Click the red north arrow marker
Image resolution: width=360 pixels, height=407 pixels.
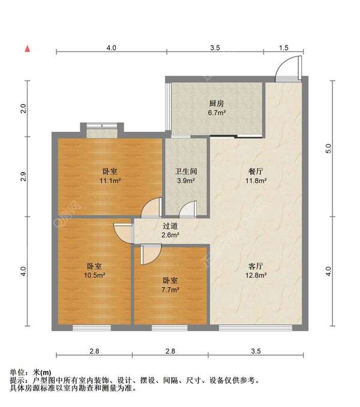coord(27,49)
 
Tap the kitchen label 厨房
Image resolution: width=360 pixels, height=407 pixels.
coord(217,104)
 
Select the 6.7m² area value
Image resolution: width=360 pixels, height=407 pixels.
coord(217,113)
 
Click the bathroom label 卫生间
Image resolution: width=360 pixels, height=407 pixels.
coord(186,171)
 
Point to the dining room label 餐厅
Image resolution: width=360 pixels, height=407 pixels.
coord(256,171)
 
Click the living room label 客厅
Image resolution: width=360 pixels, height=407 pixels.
coord(256,266)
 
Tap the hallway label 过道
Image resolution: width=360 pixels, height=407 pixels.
coord(170,226)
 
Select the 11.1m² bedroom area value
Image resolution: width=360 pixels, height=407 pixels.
coord(110,180)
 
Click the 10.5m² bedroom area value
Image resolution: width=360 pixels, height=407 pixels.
coord(94,275)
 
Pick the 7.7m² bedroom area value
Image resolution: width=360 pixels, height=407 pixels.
coord(170,290)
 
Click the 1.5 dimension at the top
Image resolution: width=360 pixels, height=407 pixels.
coord(284,47)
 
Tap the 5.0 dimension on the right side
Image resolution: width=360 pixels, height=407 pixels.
coord(328,149)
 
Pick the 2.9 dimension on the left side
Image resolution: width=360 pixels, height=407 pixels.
coord(23,176)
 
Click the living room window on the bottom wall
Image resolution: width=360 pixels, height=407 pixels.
coord(256,328)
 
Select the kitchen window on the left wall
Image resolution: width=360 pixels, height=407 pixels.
coord(168,107)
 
